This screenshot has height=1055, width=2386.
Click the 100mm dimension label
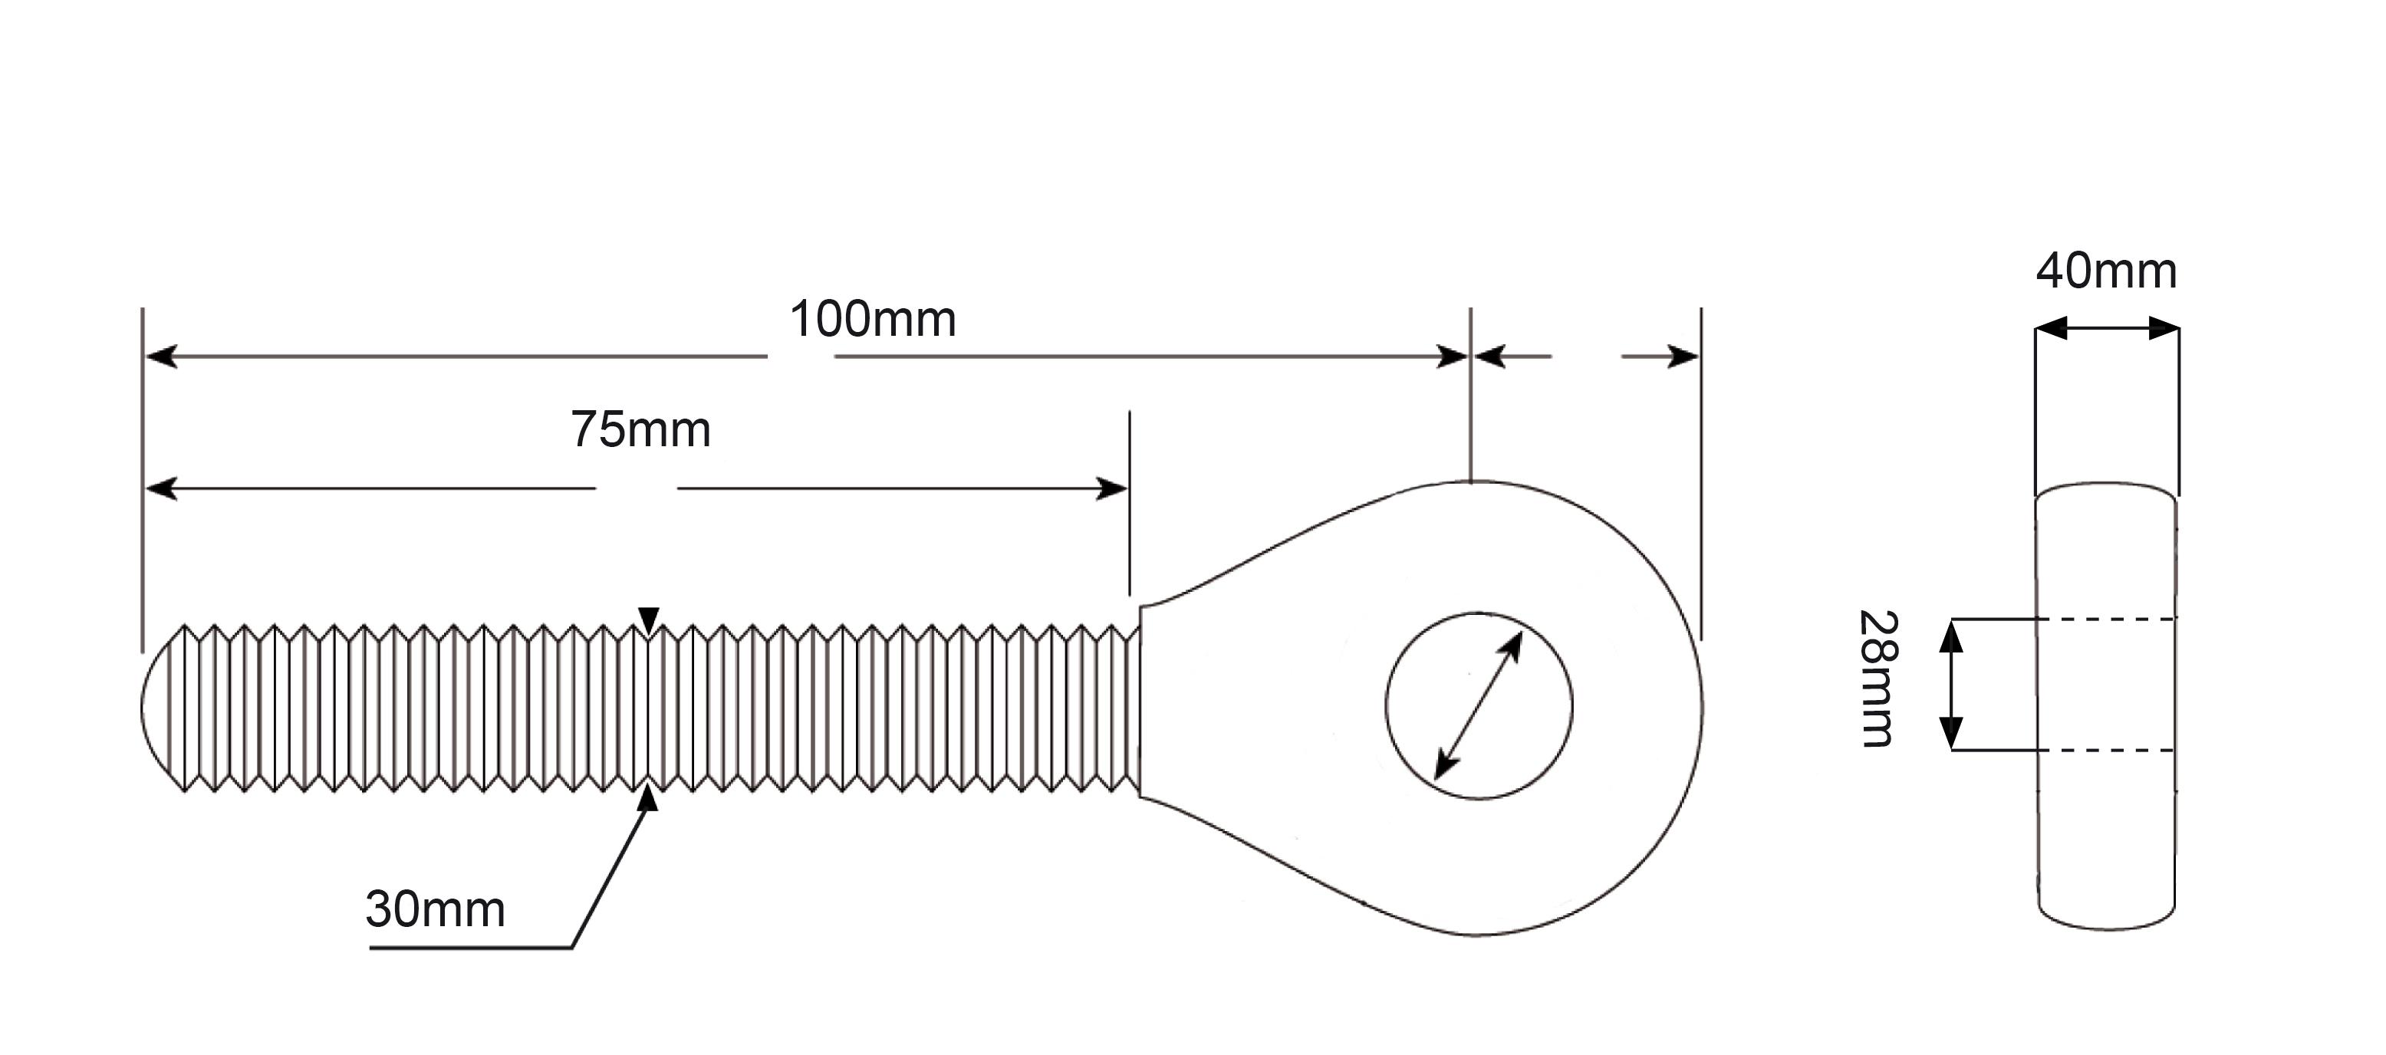click(x=873, y=320)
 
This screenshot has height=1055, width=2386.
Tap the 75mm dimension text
click(x=641, y=430)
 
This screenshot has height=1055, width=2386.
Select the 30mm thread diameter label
click(x=436, y=909)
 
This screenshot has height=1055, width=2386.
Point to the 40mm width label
click(x=2106, y=271)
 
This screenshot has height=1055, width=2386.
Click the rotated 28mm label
click(x=1879, y=679)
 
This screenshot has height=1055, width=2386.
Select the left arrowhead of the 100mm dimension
click(x=162, y=357)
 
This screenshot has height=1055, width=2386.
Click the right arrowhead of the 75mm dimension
click(x=1111, y=488)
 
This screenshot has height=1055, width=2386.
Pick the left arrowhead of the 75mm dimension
click(x=162, y=488)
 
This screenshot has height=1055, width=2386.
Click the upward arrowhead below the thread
click(x=647, y=797)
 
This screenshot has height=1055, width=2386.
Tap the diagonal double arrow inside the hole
click(x=1478, y=706)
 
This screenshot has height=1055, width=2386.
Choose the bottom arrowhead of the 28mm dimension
click(x=1952, y=733)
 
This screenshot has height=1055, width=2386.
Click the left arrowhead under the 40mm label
click(x=2052, y=328)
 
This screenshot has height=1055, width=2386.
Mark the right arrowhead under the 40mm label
click(x=2164, y=328)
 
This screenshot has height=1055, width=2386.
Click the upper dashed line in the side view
click(x=2107, y=618)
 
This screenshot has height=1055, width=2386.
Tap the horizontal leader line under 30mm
click(x=471, y=948)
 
